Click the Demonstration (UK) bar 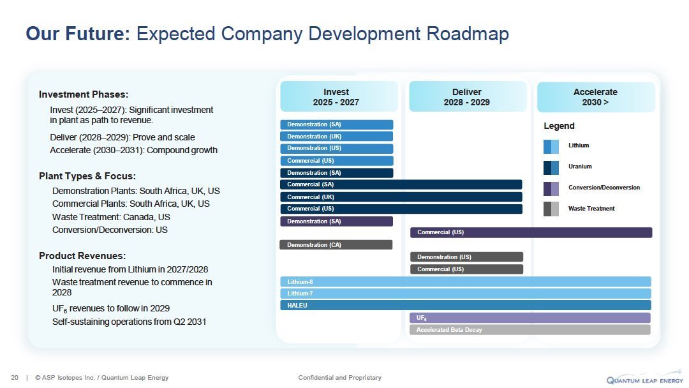[336, 136]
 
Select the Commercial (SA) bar [401, 184]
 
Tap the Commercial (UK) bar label [311, 197]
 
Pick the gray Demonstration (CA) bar [336, 245]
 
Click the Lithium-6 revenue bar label [300, 282]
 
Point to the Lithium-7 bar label [300, 294]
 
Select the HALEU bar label [297, 306]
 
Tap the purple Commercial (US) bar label [440, 233]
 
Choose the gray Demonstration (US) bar [466, 257]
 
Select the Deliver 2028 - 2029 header [467, 97]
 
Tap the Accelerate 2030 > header [595, 97]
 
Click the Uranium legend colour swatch [551, 167]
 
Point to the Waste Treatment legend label [591, 209]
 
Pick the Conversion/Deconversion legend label [604, 188]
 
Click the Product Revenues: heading [82, 256]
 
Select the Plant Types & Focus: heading [87, 176]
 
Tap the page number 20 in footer [15, 378]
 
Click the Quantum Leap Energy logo [644, 378]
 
